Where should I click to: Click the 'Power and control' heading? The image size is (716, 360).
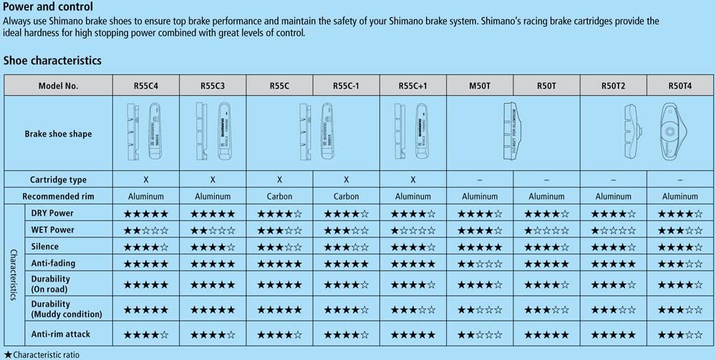coord(49,8)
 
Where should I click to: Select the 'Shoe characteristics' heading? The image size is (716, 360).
coord(52,61)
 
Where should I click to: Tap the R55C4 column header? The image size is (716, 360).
coord(145,86)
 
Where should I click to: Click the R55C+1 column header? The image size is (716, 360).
coord(413,86)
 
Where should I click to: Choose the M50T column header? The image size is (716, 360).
coord(479,86)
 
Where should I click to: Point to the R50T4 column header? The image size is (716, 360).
coord(680,86)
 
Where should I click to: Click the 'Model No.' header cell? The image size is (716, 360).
coord(58,86)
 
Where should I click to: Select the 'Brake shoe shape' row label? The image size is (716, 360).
coord(58,134)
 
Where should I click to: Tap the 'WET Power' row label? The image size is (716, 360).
coord(52,230)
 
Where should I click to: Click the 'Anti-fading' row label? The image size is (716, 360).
coord(52,263)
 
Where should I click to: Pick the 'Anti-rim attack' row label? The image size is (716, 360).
coord(61,334)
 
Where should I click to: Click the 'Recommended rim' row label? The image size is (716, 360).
coord(58,196)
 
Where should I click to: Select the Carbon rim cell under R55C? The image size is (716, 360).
coord(279,196)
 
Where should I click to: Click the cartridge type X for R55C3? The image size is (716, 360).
coord(213,180)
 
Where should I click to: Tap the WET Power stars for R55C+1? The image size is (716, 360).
coord(413,230)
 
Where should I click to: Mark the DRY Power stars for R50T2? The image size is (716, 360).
coord(613,213)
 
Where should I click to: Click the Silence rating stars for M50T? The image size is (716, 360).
coord(480,247)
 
